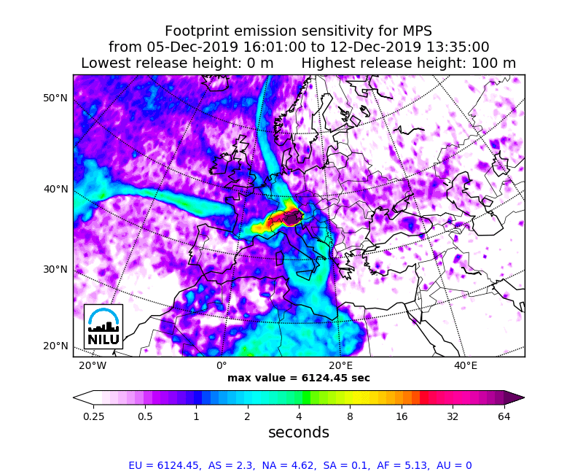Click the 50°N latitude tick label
pos(55,98)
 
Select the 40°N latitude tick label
pos(55,189)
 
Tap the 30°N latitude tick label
pos(55,269)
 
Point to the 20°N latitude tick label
pos(55,346)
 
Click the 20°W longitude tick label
pos(92,365)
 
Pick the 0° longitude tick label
pos(222,365)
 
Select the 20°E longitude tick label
pos(340,365)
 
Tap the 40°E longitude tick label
pos(466,365)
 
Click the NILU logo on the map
pos(103,326)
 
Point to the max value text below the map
pos(299,378)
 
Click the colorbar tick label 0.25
pos(93,416)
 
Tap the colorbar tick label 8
pos(350,416)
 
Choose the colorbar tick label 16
pos(402,416)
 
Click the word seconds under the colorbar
pos(299,432)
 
